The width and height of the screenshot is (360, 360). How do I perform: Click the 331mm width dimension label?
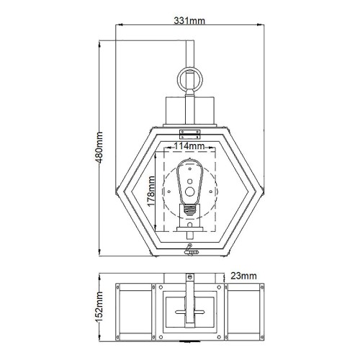[x=189, y=21]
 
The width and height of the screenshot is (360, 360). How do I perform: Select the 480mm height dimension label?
[x=99, y=148]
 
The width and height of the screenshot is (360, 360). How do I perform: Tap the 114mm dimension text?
[x=189, y=146]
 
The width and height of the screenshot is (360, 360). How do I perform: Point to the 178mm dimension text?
[x=151, y=192]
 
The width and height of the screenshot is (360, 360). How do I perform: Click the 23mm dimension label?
[x=243, y=276]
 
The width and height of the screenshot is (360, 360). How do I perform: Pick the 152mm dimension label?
[x=99, y=307]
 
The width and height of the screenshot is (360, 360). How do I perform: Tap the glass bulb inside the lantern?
[x=190, y=181]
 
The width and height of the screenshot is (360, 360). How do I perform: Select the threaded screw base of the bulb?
[x=190, y=210]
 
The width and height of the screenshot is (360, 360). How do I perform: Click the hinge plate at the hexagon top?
[x=190, y=134]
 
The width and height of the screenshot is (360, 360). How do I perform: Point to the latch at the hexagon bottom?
[x=191, y=250]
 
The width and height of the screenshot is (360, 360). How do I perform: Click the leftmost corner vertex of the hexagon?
[x=117, y=192]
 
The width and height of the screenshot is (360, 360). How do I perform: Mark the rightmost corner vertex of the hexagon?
[x=263, y=192]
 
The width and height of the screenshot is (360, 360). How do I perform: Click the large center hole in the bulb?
[x=190, y=192]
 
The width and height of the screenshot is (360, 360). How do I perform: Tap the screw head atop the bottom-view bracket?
[x=190, y=276]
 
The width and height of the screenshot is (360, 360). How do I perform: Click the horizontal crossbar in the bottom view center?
[x=189, y=312]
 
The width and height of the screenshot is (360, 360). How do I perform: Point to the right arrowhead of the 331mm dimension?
[x=261, y=24]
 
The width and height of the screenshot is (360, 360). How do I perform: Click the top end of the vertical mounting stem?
[x=190, y=41]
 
